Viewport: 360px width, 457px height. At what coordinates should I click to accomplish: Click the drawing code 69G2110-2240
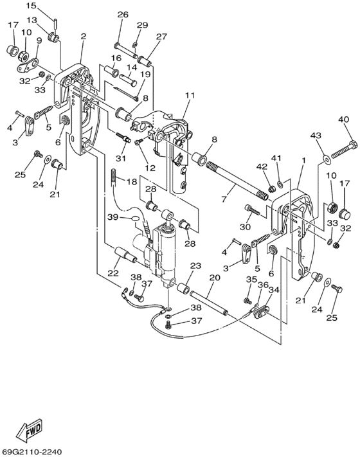coord(32,452)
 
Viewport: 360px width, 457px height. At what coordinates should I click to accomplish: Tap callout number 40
coord(343,120)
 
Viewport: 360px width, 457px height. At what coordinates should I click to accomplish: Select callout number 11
coord(190,95)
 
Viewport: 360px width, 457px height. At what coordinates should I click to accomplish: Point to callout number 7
coord(224,199)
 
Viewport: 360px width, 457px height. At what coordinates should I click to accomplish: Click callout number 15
coord(32,5)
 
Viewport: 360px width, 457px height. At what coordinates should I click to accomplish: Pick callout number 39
coord(113,217)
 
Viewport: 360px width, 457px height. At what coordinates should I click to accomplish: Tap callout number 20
coord(215,278)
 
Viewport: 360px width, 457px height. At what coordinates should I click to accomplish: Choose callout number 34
coord(274,290)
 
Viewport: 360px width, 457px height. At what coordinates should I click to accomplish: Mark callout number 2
coord(84,36)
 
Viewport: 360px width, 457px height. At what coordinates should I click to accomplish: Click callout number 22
coord(113,273)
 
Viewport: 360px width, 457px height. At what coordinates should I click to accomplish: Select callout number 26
coord(123,14)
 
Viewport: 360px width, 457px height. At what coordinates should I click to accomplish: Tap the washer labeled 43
coord(326,158)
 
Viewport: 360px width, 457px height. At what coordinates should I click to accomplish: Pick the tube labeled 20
coord(209,301)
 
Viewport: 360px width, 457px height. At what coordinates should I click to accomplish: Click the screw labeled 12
coord(138,142)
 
